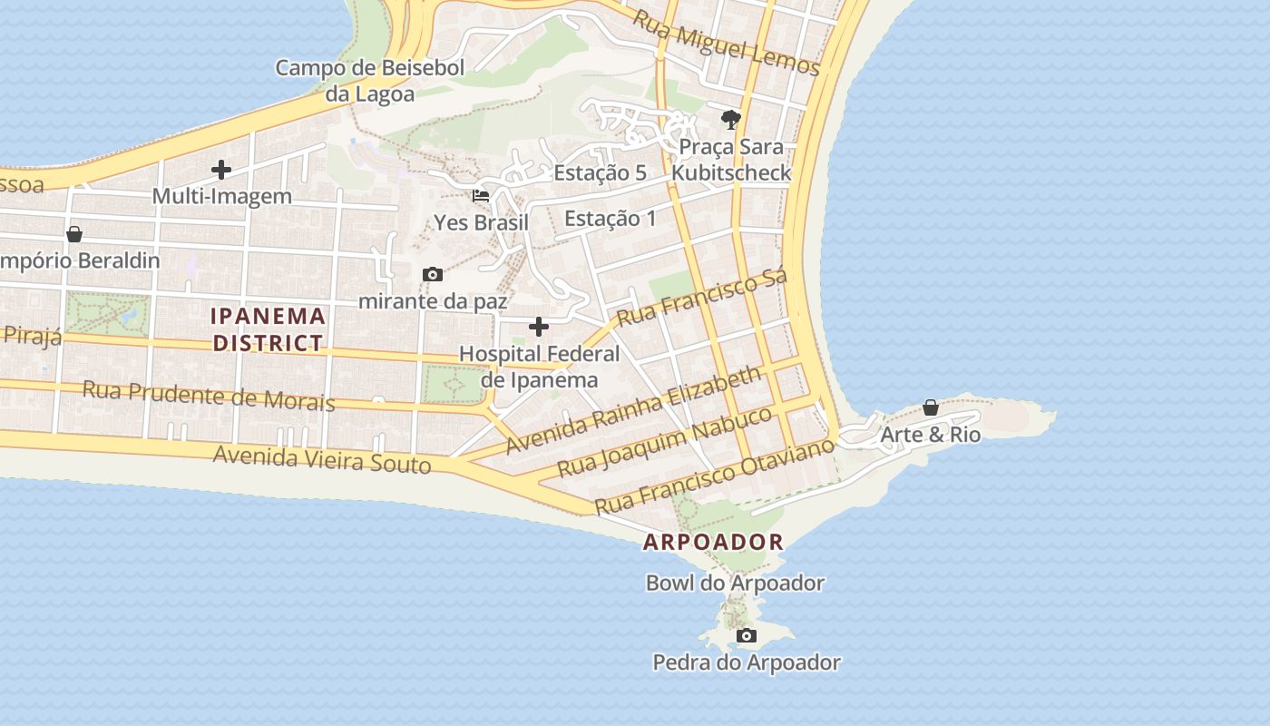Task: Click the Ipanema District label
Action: [x=268, y=329]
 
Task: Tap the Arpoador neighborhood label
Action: [x=713, y=543]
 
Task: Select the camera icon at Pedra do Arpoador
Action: [x=747, y=635]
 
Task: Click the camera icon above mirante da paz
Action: [x=433, y=274]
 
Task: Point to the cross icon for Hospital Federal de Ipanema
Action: [x=539, y=327]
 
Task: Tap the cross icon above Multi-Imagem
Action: [x=220, y=170]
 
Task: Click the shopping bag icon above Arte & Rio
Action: [x=931, y=407]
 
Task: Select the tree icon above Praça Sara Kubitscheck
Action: [x=730, y=119]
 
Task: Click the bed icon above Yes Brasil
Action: [x=481, y=195]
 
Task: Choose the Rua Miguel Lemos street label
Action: [x=726, y=43]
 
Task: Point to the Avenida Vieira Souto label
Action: [x=322, y=459]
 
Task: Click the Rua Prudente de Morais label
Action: [x=209, y=396]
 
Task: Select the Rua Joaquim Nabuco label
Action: [x=665, y=442]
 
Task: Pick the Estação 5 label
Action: [x=600, y=172]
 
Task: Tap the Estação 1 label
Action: [x=610, y=219]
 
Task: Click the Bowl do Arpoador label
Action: [x=735, y=583]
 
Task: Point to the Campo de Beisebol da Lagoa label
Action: [x=370, y=81]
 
